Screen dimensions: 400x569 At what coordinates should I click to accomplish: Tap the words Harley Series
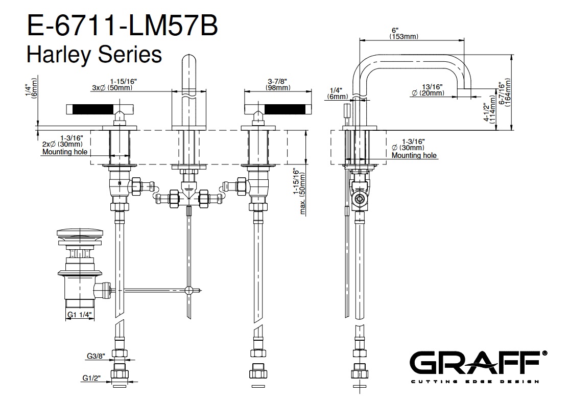click(x=94, y=53)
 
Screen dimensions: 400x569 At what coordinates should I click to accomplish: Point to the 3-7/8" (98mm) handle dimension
click(x=277, y=84)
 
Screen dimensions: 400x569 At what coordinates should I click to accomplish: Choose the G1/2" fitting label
click(x=92, y=379)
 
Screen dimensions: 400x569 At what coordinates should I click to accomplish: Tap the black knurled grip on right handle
click(x=284, y=108)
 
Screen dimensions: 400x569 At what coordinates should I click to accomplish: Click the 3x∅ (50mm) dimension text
click(x=113, y=84)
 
